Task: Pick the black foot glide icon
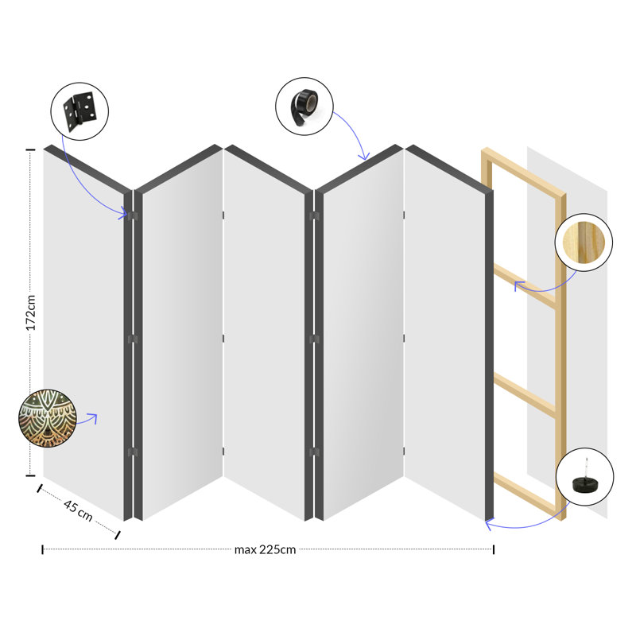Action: [585, 477]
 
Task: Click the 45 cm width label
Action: [78, 510]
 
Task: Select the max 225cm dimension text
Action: [265, 549]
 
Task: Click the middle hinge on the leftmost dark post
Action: [133, 339]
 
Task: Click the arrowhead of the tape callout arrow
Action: [365, 157]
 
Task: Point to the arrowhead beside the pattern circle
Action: [95, 417]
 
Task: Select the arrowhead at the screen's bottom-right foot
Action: [487, 523]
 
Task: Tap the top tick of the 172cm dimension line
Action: [31, 149]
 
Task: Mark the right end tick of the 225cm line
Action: [493, 549]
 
